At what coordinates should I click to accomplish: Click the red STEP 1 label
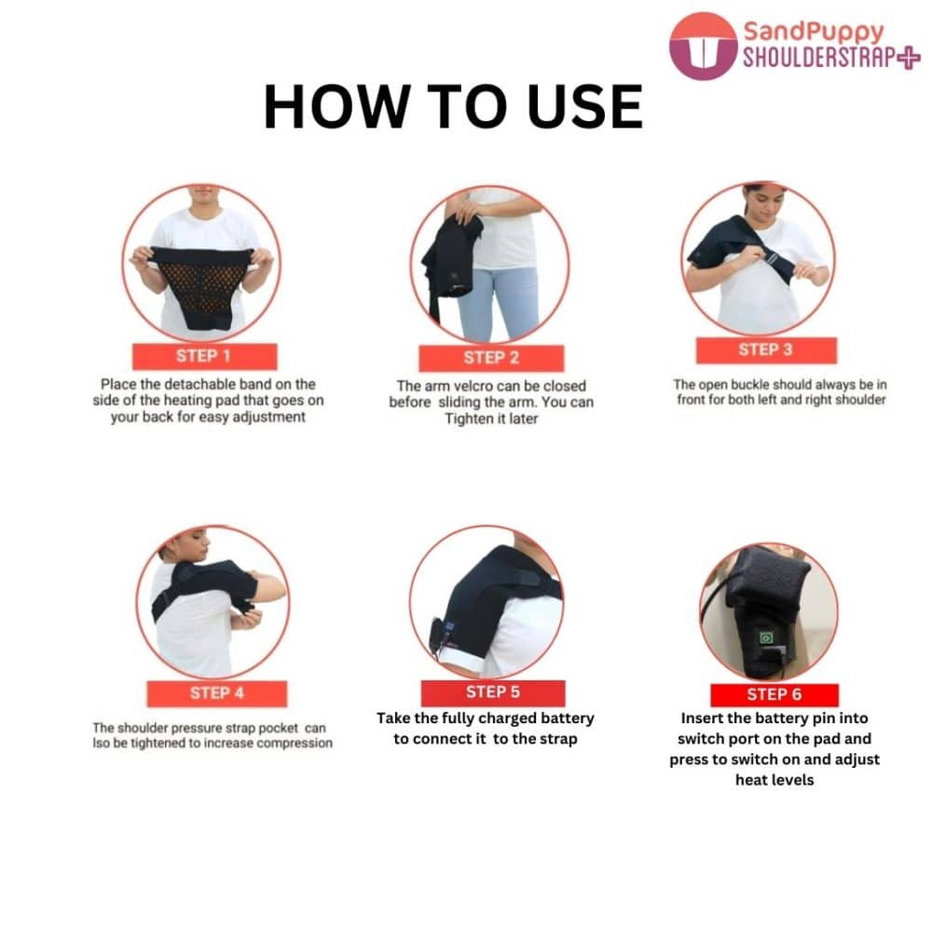pyautogui.click(x=204, y=356)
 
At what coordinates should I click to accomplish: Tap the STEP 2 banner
pyautogui.click(x=491, y=358)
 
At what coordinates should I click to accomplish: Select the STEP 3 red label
pyautogui.click(x=766, y=350)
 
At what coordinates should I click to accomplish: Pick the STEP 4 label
pyautogui.click(x=217, y=693)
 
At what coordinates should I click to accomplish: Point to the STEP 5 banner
pyautogui.click(x=493, y=692)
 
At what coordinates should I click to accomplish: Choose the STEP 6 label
pyautogui.click(x=774, y=694)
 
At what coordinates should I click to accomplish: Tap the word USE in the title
pyautogui.click(x=585, y=107)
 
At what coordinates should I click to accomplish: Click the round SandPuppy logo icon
pyautogui.click(x=703, y=46)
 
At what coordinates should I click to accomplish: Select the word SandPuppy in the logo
pyautogui.click(x=814, y=32)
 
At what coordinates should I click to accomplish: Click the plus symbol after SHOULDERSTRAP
pyautogui.click(x=908, y=58)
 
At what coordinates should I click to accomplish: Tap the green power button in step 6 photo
pyautogui.click(x=766, y=638)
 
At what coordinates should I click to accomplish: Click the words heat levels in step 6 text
pyautogui.click(x=774, y=780)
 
